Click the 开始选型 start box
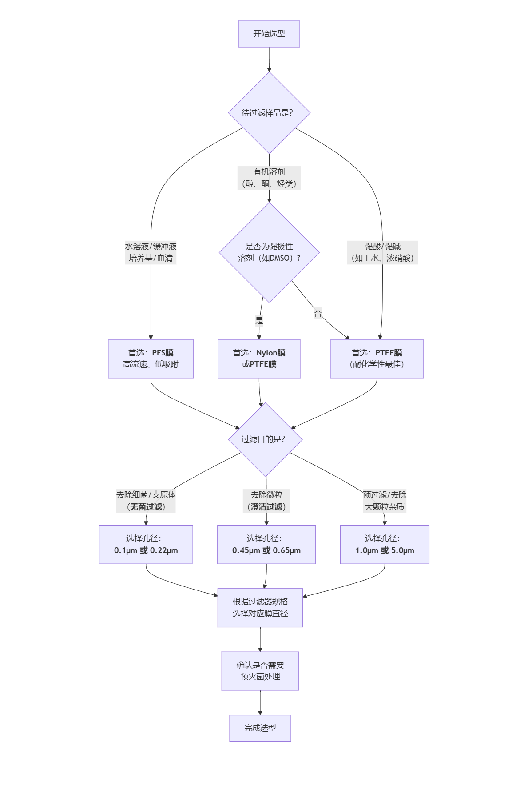tap(269, 34)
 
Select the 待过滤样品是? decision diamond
tap(269, 113)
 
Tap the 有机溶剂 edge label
tap(269, 178)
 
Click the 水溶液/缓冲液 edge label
tap(151, 252)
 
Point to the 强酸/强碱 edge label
tap(382, 252)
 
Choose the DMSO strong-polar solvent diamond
tap(269, 252)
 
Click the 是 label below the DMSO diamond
tap(259, 321)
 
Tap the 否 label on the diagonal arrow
tap(318, 313)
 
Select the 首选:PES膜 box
tap(151, 359)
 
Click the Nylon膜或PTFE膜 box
tap(259, 359)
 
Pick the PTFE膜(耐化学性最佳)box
tap(377, 359)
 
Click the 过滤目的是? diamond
tap(265, 439)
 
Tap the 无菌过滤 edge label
tap(146, 501)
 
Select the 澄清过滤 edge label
tap(266, 501)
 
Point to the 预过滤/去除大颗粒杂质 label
tap(385, 501)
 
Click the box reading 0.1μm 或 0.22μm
tap(146, 544)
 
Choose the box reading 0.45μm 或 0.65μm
tap(266, 544)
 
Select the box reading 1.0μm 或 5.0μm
tap(385, 544)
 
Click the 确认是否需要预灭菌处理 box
tap(260, 671)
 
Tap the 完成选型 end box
tap(260, 728)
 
